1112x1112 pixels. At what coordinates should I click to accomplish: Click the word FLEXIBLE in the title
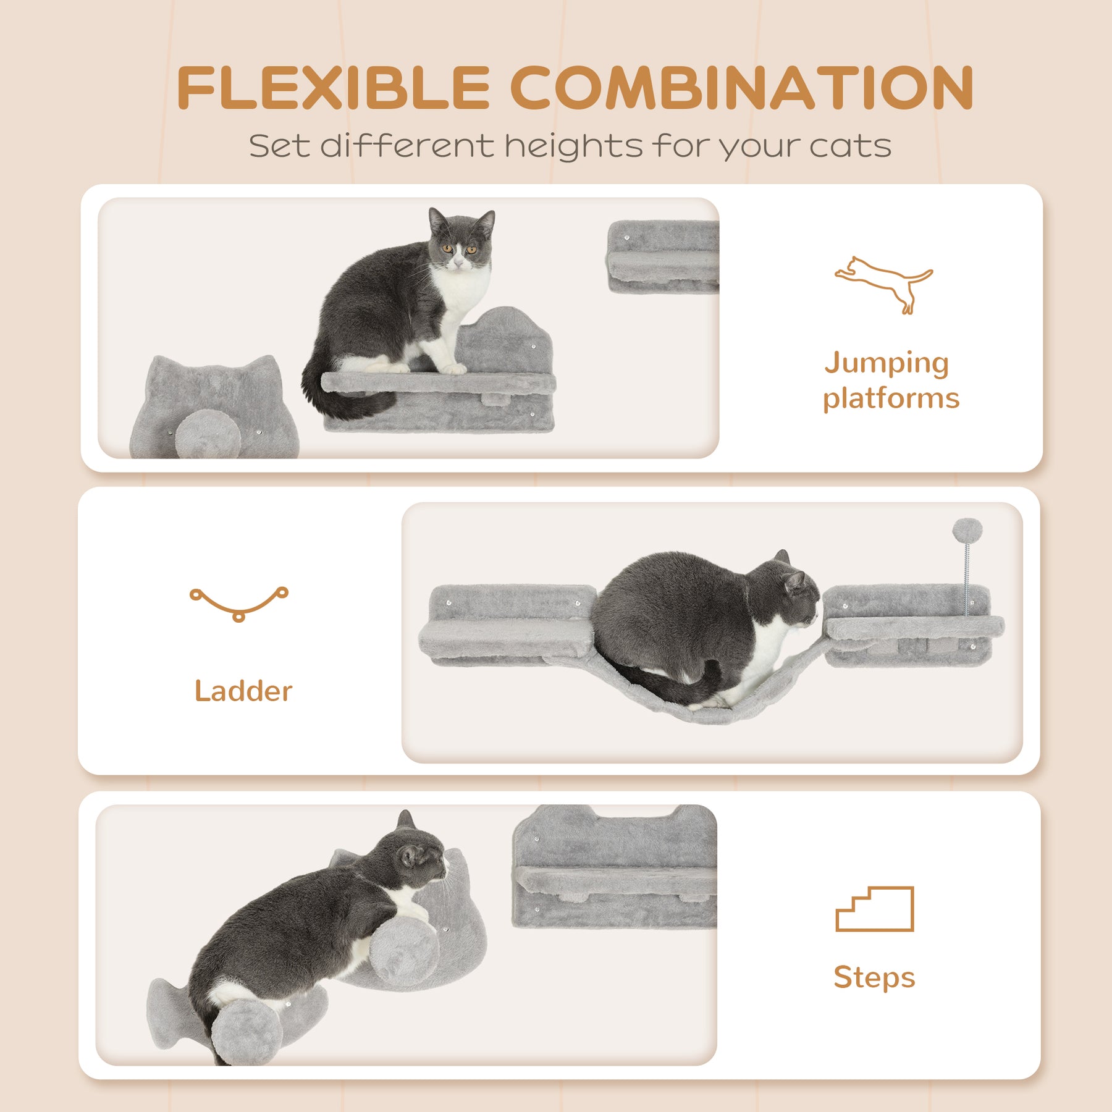pyautogui.click(x=334, y=88)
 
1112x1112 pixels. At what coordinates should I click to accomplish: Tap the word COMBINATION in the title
pyautogui.click(x=742, y=88)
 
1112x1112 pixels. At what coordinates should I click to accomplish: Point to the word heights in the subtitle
pyautogui.click(x=573, y=147)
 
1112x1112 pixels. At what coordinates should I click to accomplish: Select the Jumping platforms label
pyautogui.click(x=890, y=380)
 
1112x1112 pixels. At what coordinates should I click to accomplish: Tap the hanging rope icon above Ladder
pyautogui.click(x=239, y=603)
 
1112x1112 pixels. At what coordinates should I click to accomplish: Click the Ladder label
pyautogui.click(x=243, y=691)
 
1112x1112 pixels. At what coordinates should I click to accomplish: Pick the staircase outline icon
pyautogui.click(x=874, y=909)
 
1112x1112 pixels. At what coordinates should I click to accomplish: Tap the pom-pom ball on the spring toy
pyautogui.click(x=967, y=531)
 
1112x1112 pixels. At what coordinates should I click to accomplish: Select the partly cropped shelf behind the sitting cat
pyautogui.click(x=663, y=256)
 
